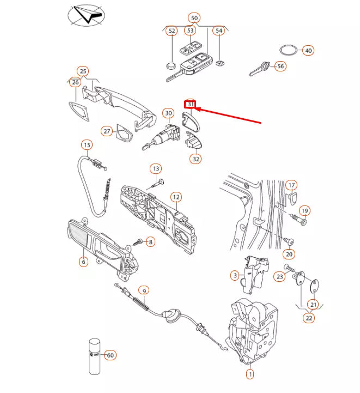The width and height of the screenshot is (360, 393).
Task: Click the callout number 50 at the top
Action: pyautogui.click(x=194, y=18)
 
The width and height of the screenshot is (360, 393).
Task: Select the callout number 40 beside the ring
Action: pyautogui.click(x=308, y=50)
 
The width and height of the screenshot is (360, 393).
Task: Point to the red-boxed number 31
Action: pyautogui.click(x=191, y=104)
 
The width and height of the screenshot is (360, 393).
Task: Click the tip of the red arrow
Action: pyautogui.click(x=196, y=109)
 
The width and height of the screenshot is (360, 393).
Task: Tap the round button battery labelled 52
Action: pyautogui.click(x=172, y=65)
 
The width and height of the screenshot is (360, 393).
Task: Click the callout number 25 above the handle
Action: pyautogui.click(x=83, y=71)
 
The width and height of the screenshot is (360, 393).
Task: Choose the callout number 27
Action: pyautogui.click(x=107, y=131)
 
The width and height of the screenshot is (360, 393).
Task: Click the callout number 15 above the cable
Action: pyautogui.click(x=87, y=145)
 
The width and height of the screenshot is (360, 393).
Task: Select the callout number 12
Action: pyautogui.click(x=176, y=197)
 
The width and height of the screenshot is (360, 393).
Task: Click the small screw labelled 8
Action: pyautogui.click(x=137, y=242)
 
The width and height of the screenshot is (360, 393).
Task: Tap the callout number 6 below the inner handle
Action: pyautogui.click(x=84, y=262)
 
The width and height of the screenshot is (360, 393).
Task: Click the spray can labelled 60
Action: pyautogui.click(x=95, y=356)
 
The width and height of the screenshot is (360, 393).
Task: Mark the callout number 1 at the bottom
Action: pyautogui.click(x=250, y=374)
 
